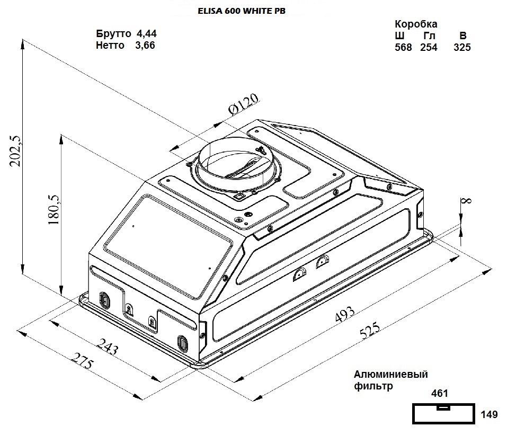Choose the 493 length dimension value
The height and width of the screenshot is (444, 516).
pyautogui.click(x=345, y=315)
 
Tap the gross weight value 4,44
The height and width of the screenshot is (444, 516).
pyautogui.click(x=147, y=34)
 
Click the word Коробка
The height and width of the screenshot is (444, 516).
pyautogui.click(x=416, y=24)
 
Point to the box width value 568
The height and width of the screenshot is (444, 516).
pyautogui.click(x=403, y=48)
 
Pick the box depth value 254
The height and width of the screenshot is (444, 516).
pyautogui.click(x=429, y=48)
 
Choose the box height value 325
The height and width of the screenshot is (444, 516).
pyautogui.click(x=462, y=48)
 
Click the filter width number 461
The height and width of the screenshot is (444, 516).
pyautogui.click(x=440, y=394)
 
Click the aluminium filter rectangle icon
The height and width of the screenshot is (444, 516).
pyautogui.click(x=443, y=414)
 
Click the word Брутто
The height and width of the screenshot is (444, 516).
pyautogui.click(x=113, y=34)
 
